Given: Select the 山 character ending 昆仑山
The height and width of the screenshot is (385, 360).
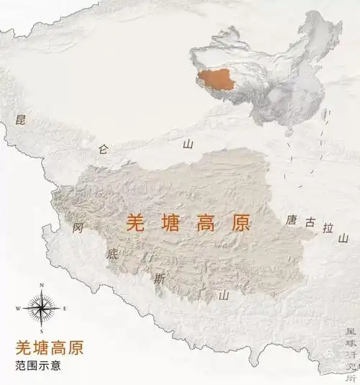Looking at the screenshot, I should (188, 144).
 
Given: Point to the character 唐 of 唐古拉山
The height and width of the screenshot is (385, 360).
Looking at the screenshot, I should (292, 219).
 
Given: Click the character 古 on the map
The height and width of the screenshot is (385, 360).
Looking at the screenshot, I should (310, 223).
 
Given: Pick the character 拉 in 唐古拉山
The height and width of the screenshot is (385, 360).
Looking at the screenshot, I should (328, 229).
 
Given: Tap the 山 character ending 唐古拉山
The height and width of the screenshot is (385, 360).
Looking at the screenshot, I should (344, 237).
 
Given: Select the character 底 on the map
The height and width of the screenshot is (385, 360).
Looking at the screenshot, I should (112, 253).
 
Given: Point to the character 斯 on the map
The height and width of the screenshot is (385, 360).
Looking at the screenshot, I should (159, 278).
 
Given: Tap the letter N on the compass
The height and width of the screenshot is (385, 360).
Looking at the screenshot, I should (42, 286).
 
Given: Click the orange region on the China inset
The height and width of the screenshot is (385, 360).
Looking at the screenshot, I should (217, 79).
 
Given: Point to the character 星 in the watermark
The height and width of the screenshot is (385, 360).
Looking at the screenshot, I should (351, 332).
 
